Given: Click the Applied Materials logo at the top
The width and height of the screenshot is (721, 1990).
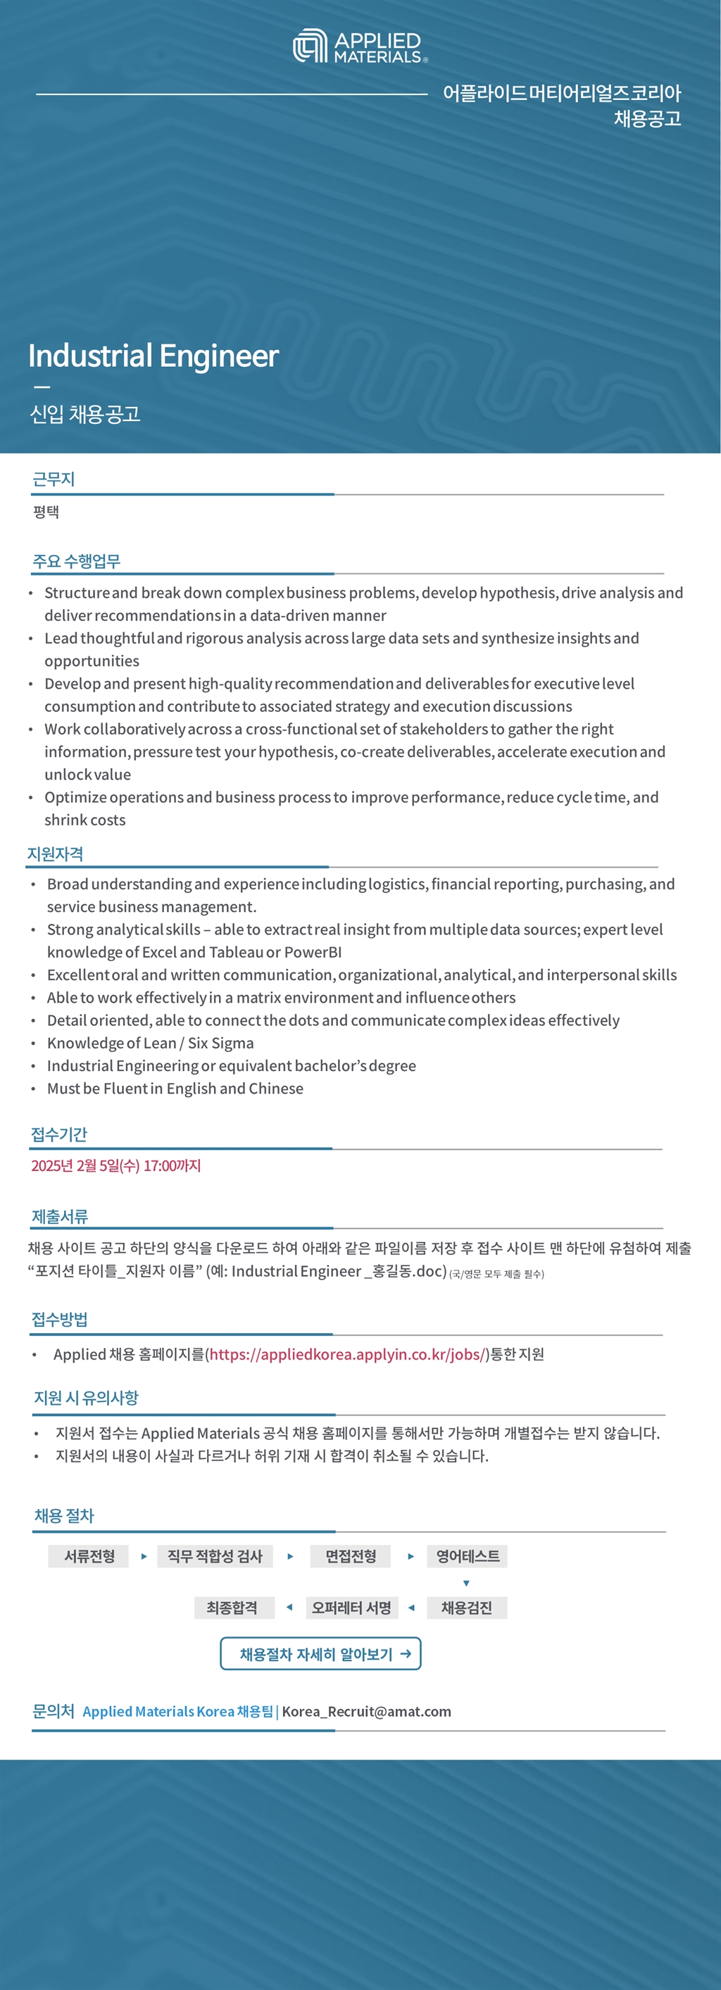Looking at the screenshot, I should coord(360,46).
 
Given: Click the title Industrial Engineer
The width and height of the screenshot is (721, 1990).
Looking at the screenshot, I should coord(153,356).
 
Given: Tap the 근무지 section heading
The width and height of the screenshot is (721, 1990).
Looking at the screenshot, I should coord(54,479).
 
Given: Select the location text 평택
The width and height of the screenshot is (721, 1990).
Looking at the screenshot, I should coord(46,511).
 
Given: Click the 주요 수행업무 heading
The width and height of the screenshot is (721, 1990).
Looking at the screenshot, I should coord(77,561).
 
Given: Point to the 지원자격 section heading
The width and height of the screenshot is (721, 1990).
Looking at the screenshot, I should coord(55,853).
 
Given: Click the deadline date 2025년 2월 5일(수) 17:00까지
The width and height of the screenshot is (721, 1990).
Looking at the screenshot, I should coord(116,1165).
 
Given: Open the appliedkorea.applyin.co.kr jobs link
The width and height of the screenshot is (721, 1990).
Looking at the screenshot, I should coord(349,1353).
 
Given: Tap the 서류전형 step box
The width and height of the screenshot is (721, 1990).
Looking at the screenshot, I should coord(89,1556).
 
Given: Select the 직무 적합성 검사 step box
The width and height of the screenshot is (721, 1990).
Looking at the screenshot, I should coord(215,1556).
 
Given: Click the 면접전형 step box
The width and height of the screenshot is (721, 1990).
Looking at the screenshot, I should coord(350,1556).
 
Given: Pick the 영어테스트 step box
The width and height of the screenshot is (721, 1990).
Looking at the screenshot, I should coord(467,1556).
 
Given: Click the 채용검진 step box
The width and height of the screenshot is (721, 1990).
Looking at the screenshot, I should coord(466,1608).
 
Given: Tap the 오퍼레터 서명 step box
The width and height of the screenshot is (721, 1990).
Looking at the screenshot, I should coord(351,1608).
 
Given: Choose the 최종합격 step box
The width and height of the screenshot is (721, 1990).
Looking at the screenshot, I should coord(232,1608).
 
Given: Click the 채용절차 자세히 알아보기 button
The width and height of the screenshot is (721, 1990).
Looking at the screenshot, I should coord(320,1654).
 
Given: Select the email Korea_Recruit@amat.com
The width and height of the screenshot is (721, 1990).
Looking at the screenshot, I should coord(366,1711).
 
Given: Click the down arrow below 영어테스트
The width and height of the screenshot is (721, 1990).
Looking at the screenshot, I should coord(466,1583).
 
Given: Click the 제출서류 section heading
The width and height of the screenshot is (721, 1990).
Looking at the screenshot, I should coord(60,1216).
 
